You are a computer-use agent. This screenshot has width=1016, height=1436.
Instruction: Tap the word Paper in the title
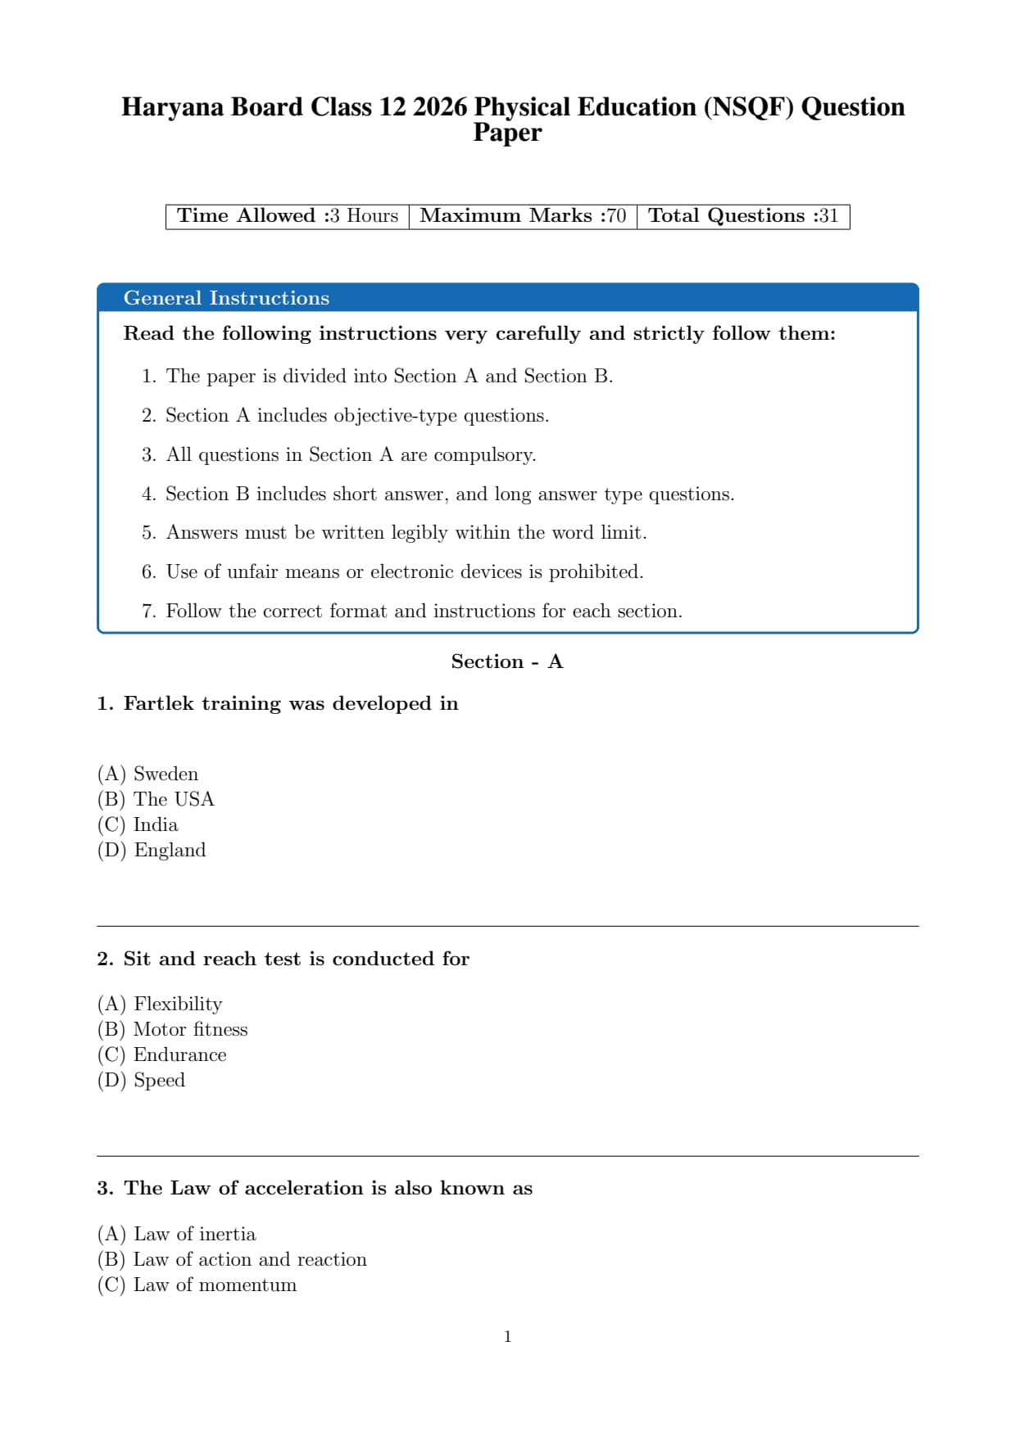507,133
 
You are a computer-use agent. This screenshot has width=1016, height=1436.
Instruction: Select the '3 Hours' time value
364,216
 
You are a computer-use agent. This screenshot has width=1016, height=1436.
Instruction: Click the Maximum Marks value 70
616,216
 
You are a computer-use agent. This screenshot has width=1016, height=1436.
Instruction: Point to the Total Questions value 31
828,216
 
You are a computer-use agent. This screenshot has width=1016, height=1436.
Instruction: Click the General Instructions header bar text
226,298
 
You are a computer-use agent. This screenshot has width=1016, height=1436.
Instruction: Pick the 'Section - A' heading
507,662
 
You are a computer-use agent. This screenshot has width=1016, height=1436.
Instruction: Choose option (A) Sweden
148,774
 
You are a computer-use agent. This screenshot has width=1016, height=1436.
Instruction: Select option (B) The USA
156,800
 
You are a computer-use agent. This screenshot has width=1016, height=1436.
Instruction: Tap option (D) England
152,851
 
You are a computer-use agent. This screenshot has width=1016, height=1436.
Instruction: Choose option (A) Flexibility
160,1005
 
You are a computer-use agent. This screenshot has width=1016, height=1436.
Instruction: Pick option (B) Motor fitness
172,1030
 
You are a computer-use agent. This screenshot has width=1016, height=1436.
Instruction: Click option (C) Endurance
161,1055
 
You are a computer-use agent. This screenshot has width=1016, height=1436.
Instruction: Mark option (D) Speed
141,1081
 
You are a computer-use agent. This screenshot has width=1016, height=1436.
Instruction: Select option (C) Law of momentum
197,1285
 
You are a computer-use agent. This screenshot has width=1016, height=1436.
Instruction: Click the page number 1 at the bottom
508,1337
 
